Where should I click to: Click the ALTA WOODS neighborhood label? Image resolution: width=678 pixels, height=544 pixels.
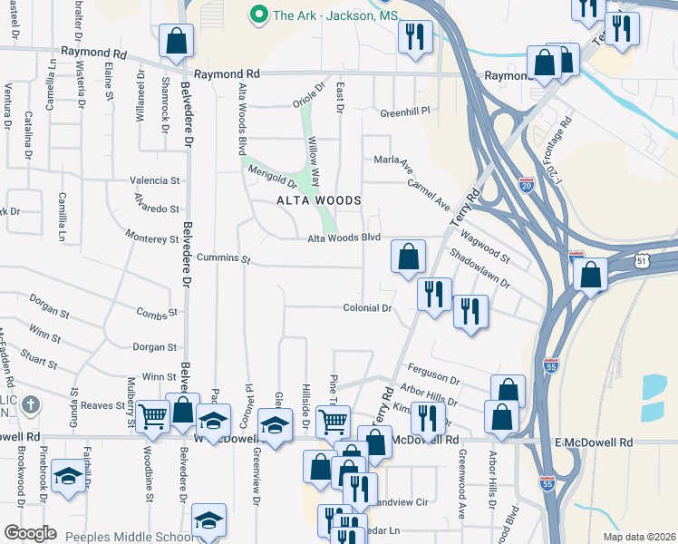click(x=319, y=200)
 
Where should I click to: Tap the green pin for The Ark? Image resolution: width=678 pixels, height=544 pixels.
click(x=258, y=15)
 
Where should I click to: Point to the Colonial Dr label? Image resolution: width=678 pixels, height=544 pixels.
click(x=367, y=308)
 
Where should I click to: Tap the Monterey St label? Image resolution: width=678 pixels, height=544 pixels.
click(x=153, y=239)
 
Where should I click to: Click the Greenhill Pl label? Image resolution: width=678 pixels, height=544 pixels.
click(x=403, y=113)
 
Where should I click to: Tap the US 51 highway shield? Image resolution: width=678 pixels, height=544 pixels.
click(x=643, y=261)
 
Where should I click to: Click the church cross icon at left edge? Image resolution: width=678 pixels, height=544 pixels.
click(x=31, y=404)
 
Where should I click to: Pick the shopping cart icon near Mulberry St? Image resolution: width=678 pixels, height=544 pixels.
click(x=152, y=416)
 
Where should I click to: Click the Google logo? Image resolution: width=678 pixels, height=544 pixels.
click(x=31, y=533)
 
